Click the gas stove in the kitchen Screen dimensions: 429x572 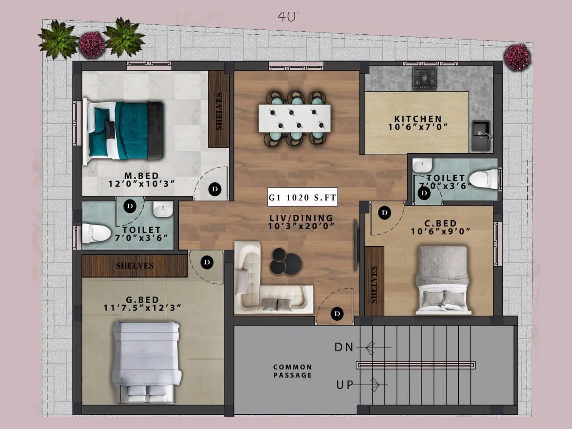coord(425,78)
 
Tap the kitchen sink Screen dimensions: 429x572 coord(481,136)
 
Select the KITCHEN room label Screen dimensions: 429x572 coord(418,119)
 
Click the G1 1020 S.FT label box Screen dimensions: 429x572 coord(302,197)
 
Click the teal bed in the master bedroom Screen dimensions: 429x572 coord(123,131)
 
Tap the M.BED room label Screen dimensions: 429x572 coord(142,176)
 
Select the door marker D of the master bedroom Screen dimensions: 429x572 coord(214,189)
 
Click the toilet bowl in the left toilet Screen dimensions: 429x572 coord(96,233)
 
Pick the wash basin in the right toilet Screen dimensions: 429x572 coord(422,165)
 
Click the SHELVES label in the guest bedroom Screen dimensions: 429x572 coord(134,266)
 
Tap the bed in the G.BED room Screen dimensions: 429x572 coord(147,361)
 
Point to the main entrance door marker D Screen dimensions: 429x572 coord(337,314)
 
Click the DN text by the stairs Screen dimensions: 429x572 coord(344,347)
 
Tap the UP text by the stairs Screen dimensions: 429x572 coord(344,385)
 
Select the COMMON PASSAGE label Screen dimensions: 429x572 coord(292,371)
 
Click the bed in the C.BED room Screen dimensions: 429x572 coord(442,280)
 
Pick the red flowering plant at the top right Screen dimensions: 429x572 coord(517,56)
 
